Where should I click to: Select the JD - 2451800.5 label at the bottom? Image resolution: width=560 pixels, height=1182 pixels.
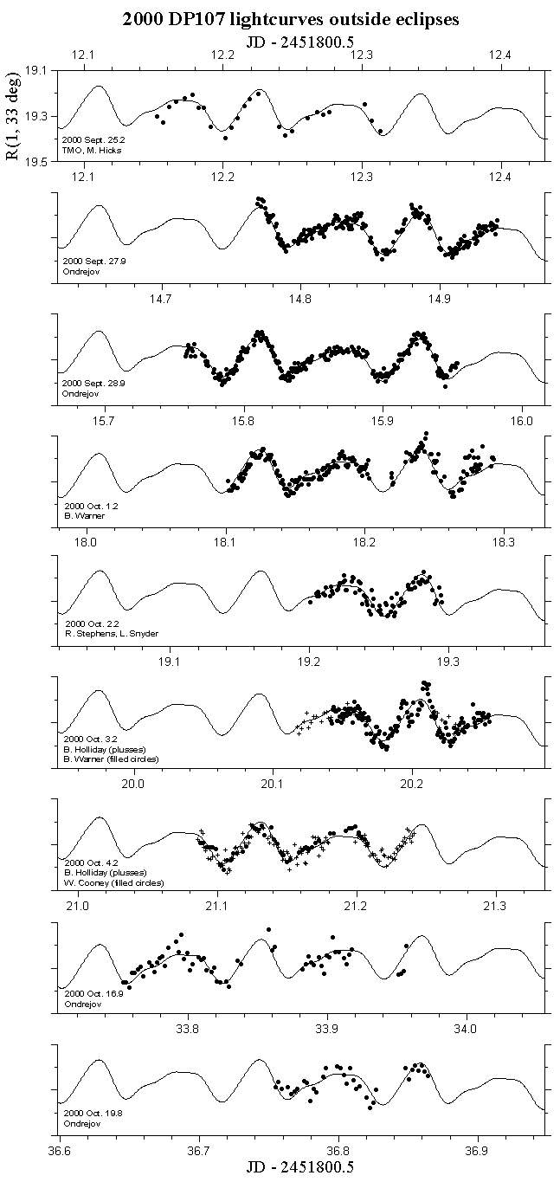pos(289,1167)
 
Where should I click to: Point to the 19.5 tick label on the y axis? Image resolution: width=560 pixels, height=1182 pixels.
pos(36,161)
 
